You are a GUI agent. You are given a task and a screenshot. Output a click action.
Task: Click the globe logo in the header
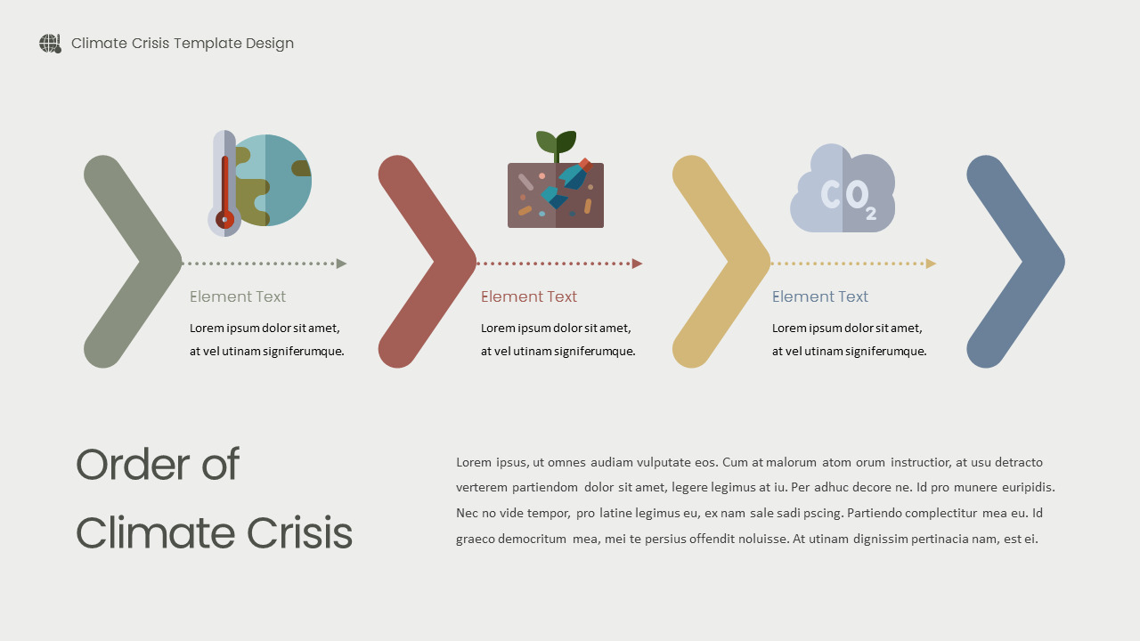[x=50, y=44]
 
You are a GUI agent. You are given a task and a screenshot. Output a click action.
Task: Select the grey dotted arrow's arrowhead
[x=341, y=264]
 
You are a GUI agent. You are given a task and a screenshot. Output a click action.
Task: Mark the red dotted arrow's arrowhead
[x=637, y=264]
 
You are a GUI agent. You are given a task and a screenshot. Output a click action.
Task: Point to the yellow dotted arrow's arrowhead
[x=931, y=264]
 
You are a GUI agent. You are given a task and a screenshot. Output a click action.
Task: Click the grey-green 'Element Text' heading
[x=238, y=296]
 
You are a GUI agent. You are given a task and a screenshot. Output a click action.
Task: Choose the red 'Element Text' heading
[x=529, y=296]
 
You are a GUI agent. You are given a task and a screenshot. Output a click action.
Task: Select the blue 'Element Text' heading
[x=820, y=296]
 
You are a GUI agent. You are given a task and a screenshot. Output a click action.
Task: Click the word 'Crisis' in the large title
[x=299, y=533]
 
